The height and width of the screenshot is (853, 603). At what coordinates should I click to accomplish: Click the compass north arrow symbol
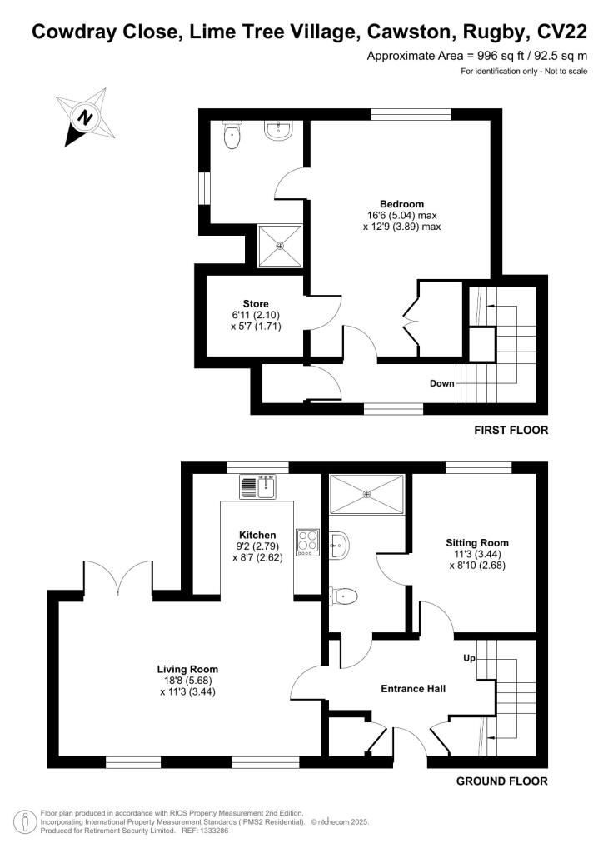point(83,117)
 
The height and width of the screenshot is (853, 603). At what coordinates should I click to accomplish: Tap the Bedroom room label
point(402,204)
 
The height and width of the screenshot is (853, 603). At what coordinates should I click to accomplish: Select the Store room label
point(256,303)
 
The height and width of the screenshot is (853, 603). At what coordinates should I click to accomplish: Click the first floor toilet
point(232,135)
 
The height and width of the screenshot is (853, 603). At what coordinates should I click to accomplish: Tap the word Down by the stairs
point(441,384)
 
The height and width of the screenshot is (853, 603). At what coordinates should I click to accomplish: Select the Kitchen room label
point(257,535)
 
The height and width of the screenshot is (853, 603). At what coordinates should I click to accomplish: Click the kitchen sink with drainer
point(257,486)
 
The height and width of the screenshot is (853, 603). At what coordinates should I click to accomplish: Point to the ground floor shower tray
point(367,494)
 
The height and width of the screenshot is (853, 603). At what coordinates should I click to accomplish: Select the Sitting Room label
point(476,542)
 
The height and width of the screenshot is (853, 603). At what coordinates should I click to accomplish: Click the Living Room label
point(187,668)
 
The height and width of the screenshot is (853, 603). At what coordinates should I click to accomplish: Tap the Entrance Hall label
point(413,689)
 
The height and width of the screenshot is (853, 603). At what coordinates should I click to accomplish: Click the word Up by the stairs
point(470,658)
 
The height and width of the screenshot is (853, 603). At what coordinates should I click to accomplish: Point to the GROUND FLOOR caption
point(502,781)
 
